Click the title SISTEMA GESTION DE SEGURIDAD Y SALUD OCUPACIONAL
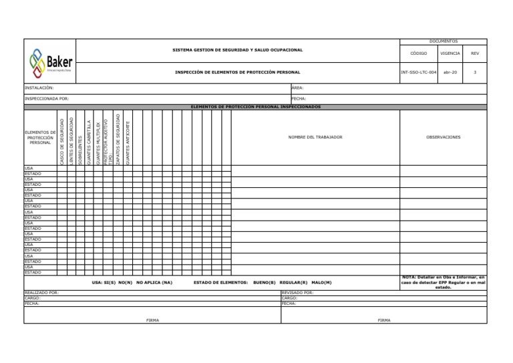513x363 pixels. [x=238, y=50]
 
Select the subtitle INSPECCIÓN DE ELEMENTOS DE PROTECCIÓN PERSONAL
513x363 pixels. [x=237, y=72]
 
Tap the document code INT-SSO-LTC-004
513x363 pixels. [x=418, y=72]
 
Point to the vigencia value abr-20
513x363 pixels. [x=450, y=72]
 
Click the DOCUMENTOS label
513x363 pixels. [x=443, y=41]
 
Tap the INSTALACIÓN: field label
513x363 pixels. [x=39, y=88]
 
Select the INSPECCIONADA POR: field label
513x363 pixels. [x=47, y=98]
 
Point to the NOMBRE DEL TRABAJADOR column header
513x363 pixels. [x=315, y=137]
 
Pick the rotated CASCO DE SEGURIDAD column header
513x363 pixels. [x=62, y=141]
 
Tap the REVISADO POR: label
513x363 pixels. [x=298, y=293]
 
